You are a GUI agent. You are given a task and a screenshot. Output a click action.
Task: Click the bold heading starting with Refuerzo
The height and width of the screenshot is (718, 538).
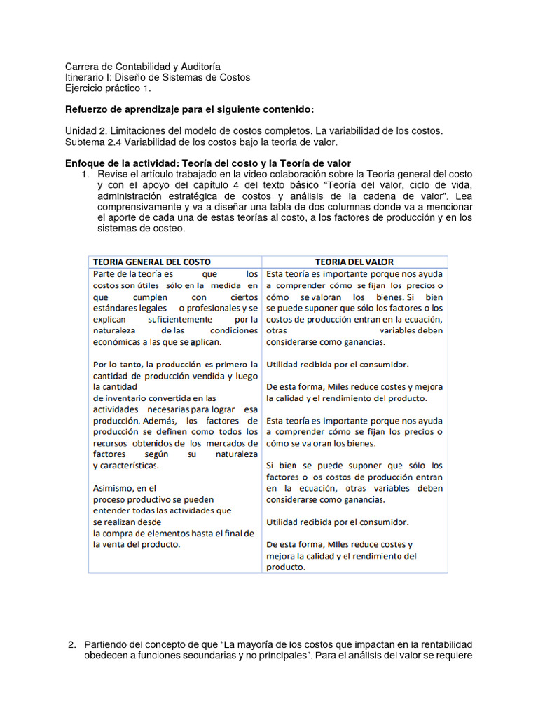click(x=189, y=110)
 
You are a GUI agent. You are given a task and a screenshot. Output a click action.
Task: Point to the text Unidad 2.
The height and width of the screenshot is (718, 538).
click(x=87, y=132)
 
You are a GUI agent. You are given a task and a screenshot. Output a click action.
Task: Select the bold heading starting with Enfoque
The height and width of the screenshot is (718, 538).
click(x=208, y=163)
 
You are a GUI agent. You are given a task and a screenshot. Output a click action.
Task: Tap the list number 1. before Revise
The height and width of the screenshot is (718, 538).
click(x=87, y=174)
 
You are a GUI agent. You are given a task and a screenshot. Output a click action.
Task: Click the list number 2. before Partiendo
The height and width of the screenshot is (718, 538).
click(x=71, y=644)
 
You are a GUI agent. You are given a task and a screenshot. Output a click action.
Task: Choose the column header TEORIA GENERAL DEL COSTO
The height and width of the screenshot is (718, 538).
click(x=152, y=262)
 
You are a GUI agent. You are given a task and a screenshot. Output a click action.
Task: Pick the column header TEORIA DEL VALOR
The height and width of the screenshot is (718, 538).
click(x=354, y=262)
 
